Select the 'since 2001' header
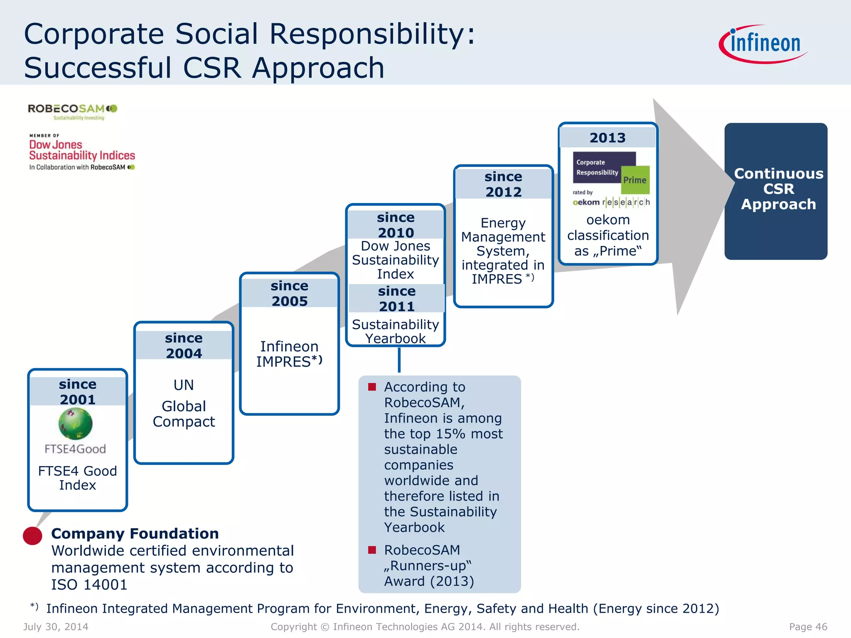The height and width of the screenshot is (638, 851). [x=78, y=392]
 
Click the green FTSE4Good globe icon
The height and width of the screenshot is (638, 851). [x=75, y=423]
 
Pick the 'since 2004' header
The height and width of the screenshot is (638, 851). [x=184, y=346]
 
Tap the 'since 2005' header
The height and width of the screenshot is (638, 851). [x=290, y=293]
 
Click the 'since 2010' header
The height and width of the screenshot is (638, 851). [x=396, y=225]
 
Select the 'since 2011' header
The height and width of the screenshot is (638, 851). [x=396, y=299]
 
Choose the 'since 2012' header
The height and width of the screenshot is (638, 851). [x=504, y=184]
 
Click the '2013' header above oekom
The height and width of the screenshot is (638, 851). [x=608, y=138]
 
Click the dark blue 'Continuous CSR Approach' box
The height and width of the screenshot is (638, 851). [x=776, y=191]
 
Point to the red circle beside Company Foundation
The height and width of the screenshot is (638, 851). [x=32, y=536]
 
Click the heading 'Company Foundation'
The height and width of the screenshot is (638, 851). [x=135, y=534]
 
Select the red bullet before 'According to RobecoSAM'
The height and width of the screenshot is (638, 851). [x=372, y=387]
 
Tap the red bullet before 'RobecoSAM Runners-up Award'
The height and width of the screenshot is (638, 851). [x=372, y=550]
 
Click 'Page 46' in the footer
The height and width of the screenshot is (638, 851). [x=808, y=627]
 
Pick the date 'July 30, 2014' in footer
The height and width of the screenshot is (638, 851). [x=56, y=627]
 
